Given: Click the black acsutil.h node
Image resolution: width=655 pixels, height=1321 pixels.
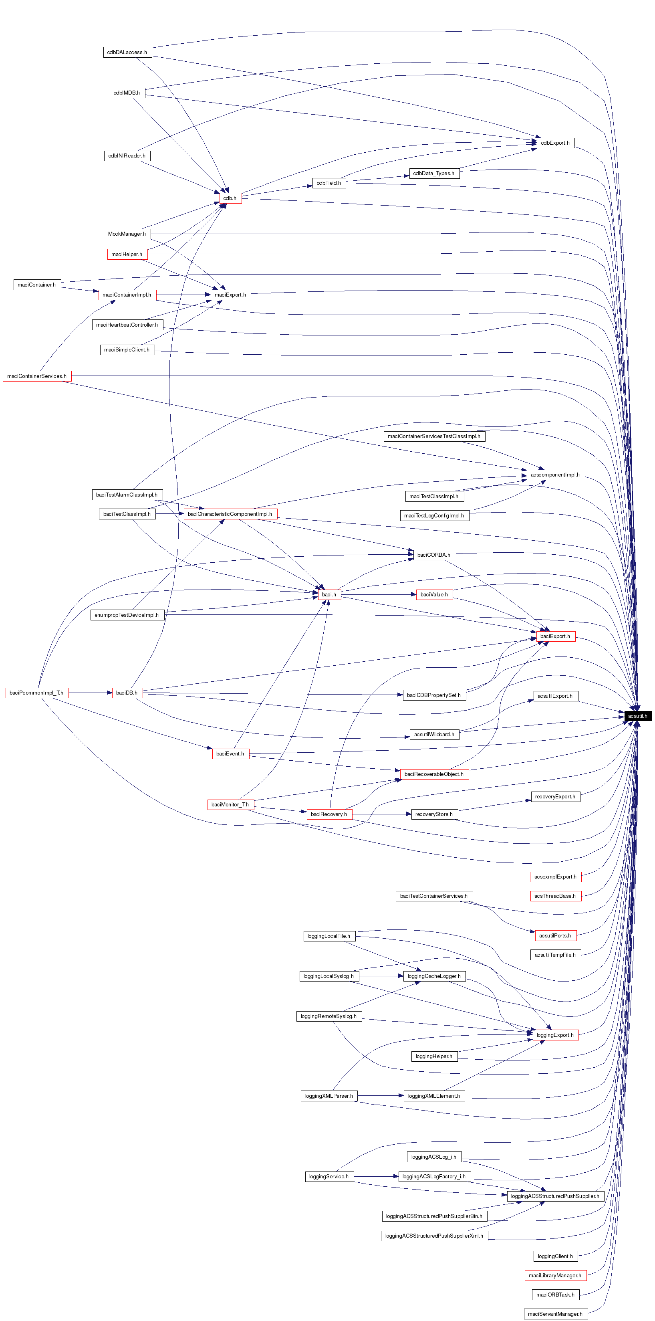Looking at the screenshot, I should point(638,716).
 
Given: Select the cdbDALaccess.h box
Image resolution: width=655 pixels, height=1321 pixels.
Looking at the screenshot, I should point(127,53).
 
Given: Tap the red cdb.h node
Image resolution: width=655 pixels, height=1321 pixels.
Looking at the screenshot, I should point(230,198).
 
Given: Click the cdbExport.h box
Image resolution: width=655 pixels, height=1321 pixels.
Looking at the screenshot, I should point(555,143).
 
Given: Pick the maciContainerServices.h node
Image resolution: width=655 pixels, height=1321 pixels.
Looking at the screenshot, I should point(37,376).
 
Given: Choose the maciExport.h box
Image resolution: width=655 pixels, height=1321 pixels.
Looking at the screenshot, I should point(231,295).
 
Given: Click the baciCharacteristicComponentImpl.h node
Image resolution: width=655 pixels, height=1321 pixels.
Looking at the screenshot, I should point(230,514).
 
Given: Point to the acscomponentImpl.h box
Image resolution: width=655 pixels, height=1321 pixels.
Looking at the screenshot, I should point(555,475).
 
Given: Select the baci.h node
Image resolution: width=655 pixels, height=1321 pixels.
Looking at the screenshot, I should point(329,594).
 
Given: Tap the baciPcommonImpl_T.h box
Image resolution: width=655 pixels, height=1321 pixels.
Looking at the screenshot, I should point(36,693).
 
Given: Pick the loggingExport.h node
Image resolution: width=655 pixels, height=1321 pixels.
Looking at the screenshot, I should point(555,1035).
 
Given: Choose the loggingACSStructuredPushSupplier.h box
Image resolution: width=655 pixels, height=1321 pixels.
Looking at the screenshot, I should point(555,1196).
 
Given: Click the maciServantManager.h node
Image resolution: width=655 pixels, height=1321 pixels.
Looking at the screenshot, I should point(555,1314).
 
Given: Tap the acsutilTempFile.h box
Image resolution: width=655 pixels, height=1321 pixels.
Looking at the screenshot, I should point(555,955).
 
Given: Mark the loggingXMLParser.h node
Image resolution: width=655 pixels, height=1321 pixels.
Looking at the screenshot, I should point(329,1096).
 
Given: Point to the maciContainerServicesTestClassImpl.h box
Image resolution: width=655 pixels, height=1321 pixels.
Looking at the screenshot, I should point(434,436).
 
